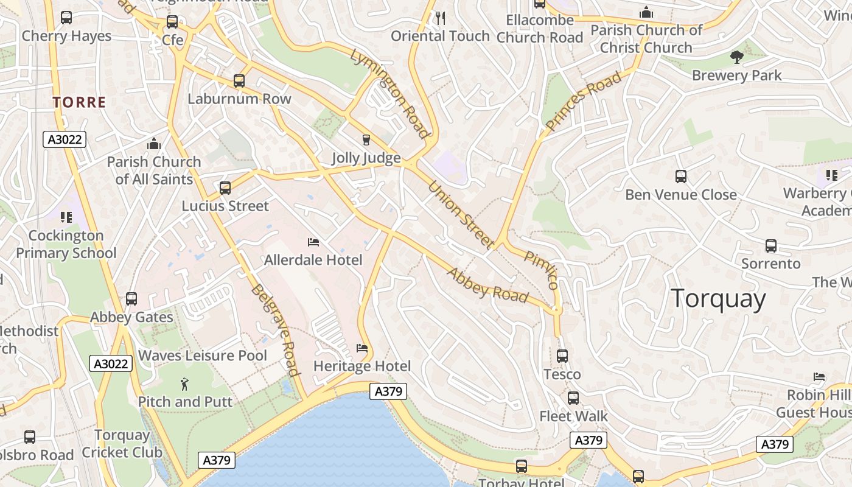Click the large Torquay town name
718,299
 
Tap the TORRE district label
79,102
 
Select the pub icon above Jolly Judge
366,140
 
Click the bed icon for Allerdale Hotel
313,242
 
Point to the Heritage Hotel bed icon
362,348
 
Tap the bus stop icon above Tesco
562,356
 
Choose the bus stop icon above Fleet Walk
573,398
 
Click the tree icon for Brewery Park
737,57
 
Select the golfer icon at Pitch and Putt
184,384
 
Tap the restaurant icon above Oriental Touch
441,18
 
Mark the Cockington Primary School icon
66,217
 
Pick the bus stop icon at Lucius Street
225,188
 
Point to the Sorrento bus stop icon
771,246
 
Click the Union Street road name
461,214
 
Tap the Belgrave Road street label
275,330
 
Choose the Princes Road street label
584,101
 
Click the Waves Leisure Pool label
203,356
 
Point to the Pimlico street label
541,270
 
